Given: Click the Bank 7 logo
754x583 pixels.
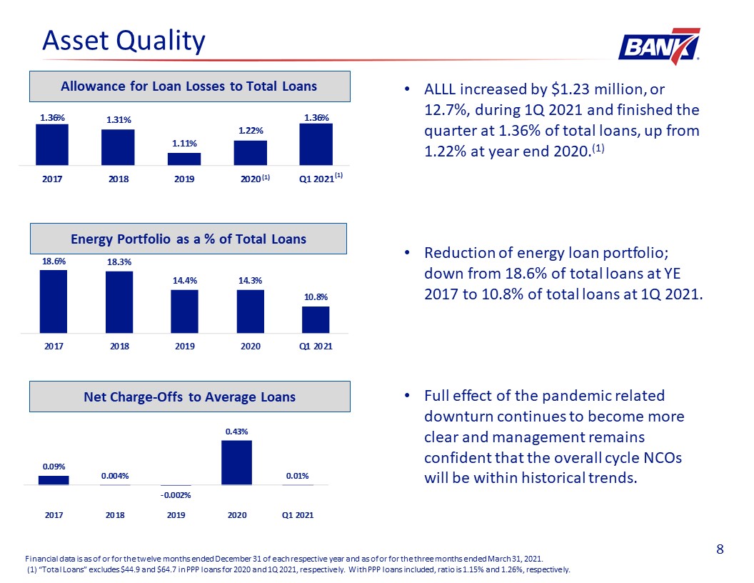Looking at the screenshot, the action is [659, 46].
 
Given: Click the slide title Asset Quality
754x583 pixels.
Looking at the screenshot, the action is [124, 41].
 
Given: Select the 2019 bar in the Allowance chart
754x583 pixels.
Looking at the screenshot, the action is [184, 159].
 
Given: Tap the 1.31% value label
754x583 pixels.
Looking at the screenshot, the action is [119, 120].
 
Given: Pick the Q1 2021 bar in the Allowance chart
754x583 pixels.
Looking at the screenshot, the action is [316, 144].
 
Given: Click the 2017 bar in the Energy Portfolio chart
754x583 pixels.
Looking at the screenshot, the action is [54, 302].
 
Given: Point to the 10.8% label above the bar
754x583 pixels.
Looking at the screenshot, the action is [316, 297].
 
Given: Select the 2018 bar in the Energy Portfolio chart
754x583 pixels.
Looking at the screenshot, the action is [119, 302].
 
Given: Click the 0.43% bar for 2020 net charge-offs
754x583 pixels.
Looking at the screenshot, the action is [236, 463].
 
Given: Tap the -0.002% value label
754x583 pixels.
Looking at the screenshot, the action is [176, 495].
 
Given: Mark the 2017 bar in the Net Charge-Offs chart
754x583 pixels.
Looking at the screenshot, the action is [54, 480].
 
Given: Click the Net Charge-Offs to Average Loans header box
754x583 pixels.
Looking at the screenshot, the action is [190, 397].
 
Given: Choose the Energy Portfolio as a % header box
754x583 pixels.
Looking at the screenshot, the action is [188, 239].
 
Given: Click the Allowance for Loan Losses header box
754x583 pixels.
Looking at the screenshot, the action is [190, 86].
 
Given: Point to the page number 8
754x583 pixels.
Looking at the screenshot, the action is [720, 549].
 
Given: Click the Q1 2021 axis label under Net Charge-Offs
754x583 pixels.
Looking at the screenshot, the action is [298, 515].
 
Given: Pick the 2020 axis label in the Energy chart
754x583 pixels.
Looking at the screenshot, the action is [251, 347].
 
